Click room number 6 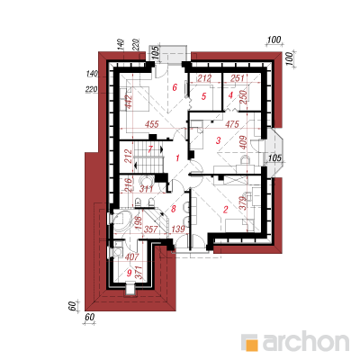tap(175, 87)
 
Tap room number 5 tap(204, 96)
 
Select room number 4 tap(230, 95)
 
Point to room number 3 tap(219, 140)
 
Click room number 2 tap(226, 210)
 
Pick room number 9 tap(130, 273)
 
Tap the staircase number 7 tap(150, 148)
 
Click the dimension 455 tap(152, 124)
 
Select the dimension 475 tap(232, 124)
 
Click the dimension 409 tap(243, 143)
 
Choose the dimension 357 tap(151, 229)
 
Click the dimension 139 tap(178, 229)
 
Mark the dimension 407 tap(131, 256)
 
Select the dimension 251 tap(237, 78)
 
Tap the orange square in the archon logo tap(251, 344)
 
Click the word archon tap(306, 341)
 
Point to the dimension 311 tap(147, 189)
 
